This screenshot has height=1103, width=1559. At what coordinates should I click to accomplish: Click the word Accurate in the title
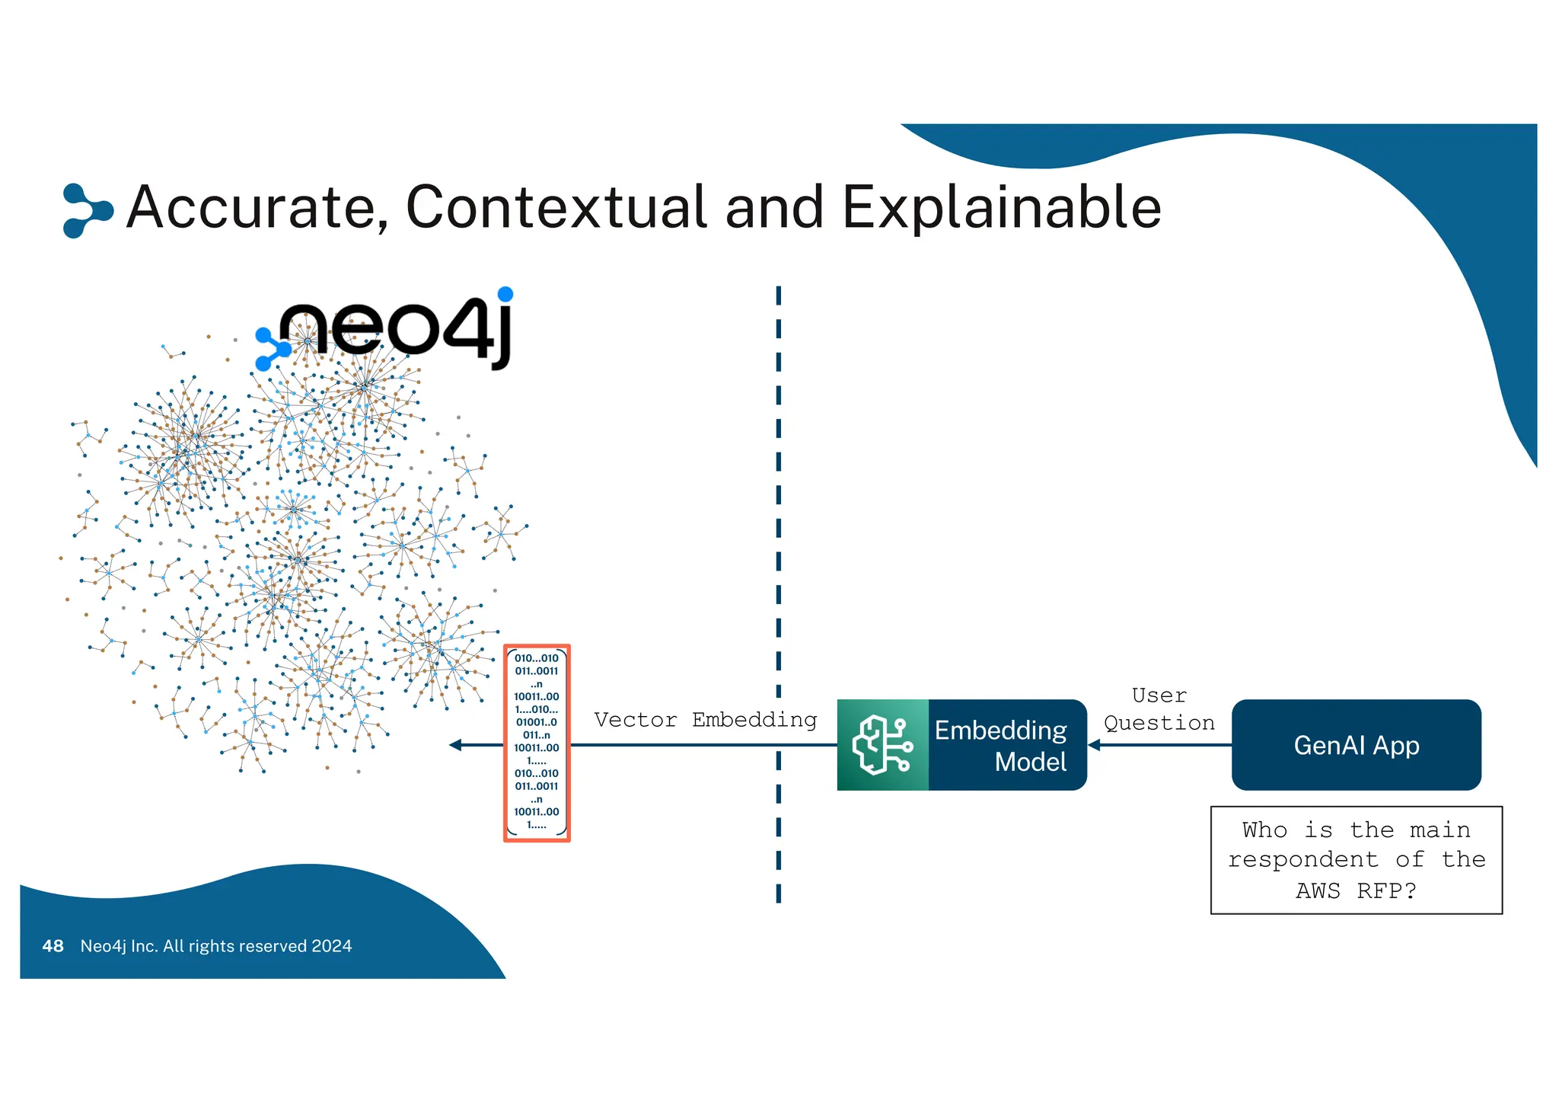(x=257, y=207)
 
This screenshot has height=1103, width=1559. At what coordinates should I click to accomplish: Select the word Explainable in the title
(x=1000, y=207)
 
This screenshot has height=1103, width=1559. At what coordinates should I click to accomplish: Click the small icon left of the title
(x=86, y=210)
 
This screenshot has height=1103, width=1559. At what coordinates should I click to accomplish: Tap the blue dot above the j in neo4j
(x=505, y=294)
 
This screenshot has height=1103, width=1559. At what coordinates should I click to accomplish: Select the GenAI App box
(x=1356, y=745)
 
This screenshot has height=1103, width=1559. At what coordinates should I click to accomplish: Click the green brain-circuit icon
(x=882, y=745)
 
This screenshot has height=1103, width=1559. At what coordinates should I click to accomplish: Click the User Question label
(x=1159, y=709)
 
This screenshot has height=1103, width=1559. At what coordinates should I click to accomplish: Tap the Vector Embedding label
(x=705, y=720)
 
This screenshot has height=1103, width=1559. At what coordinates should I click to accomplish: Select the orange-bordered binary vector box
(x=537, y=743)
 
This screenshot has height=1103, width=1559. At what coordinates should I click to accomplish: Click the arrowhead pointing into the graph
(x=455, y=745)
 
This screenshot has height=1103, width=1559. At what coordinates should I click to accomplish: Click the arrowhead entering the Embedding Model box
(x=1095, y=745)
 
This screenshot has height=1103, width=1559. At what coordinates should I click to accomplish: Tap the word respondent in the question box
(x=1302, y=860)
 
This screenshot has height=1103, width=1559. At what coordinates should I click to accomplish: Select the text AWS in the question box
(x=1318, y=890)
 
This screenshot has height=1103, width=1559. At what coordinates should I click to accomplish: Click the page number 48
(x=53, y=946)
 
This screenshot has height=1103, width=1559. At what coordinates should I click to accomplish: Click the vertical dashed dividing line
(x=778, y=533)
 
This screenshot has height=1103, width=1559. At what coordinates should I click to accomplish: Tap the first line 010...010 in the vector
(x=537, y=658)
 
